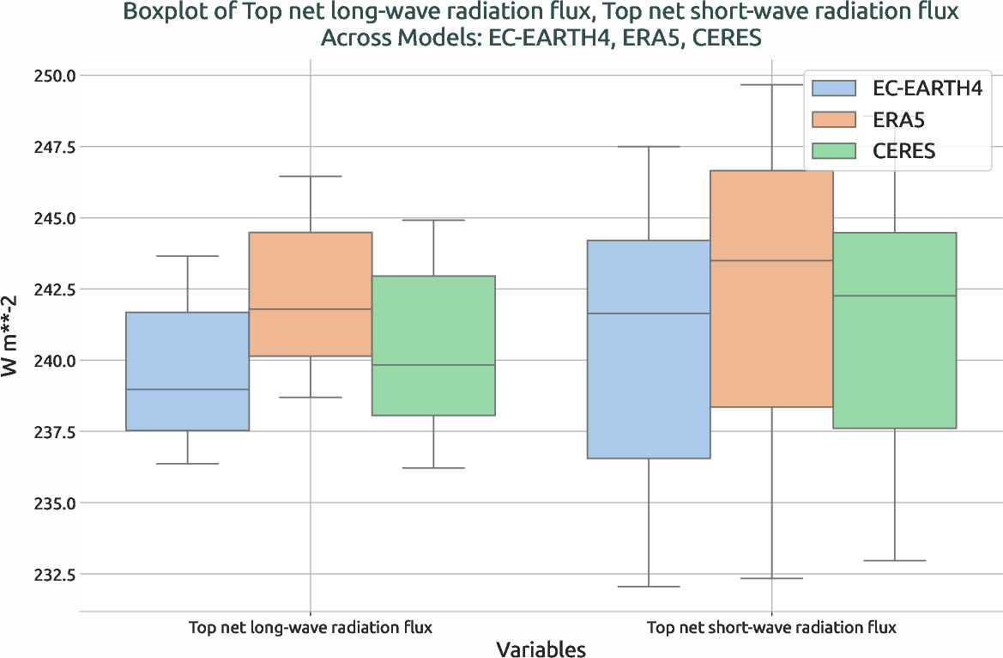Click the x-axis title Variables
coord(541,649)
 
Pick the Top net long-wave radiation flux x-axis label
coord(310,628)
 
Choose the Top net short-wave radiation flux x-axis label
coord(771,628)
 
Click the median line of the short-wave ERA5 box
coord(771,260)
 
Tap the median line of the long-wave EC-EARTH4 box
coord(187,389)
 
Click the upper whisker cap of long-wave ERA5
coord(310,176)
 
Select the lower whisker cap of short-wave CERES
coord(895,561)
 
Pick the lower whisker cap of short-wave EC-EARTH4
coord(649,587)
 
